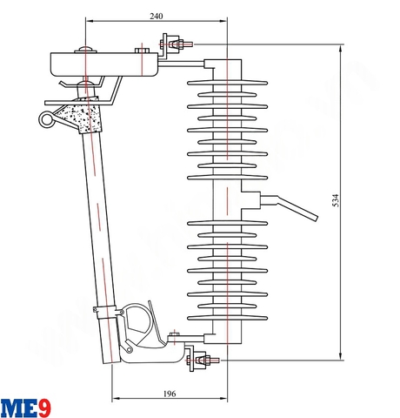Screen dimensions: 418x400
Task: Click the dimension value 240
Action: tap(157, 16)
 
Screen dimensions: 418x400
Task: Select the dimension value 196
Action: tap(170, 394)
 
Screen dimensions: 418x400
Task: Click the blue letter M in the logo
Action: tap(13, 407)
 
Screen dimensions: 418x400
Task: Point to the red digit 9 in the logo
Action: tap(44, 407)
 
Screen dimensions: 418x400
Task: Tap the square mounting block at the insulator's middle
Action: tap(248, 199)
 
